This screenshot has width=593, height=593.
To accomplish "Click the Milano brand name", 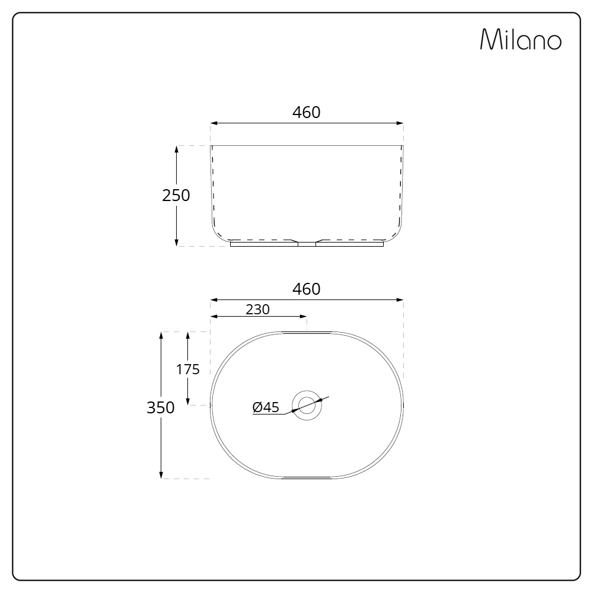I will (x=520, y=40).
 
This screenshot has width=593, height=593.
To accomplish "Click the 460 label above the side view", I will (x=307, y=112).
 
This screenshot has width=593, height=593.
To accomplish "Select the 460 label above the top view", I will (x=307, y=289).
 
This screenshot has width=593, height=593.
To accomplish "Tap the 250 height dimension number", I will (x=176, y=195).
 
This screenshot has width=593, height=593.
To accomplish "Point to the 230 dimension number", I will (x=257, y=309).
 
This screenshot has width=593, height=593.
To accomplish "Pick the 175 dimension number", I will (x=188, y=369).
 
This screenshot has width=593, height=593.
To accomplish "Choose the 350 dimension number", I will (x=161, y=407).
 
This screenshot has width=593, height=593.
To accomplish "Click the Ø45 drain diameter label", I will (x=266, y=407).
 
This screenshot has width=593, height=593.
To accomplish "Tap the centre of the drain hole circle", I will (x=307, y=405).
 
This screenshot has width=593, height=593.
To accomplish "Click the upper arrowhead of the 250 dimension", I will (x=177, y=149).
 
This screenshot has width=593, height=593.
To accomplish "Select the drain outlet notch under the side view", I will (x=307, y=243).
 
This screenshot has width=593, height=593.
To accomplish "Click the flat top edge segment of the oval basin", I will (x=307, y=333).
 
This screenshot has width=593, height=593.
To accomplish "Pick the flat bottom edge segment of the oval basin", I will (x=307, y=477).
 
